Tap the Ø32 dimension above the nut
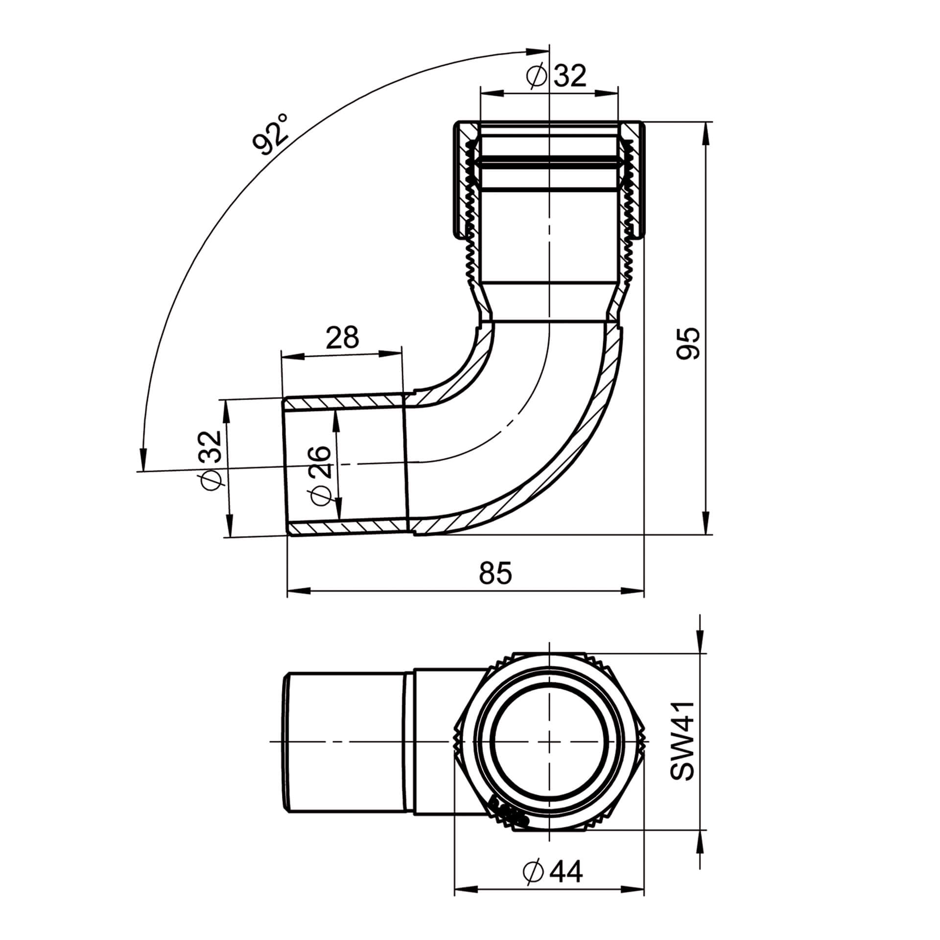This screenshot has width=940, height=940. [x=556, y=75]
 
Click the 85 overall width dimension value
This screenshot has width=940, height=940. [x=495, y=573]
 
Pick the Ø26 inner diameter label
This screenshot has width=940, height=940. [x=321, y=474]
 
